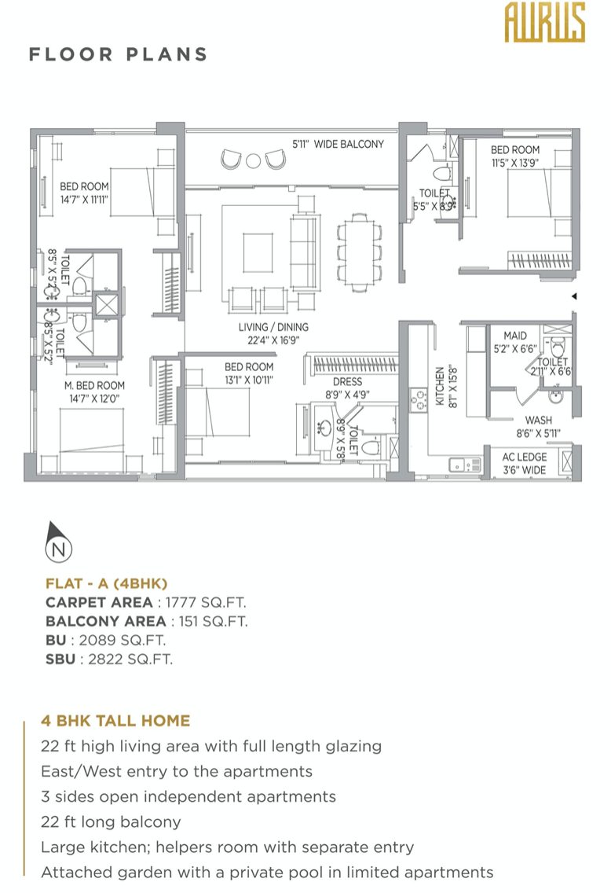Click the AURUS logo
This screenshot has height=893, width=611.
click(x=544, y=22)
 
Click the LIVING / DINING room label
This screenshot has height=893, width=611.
click(x=273, y=333)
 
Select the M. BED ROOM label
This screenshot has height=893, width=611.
click(x=94, y=391)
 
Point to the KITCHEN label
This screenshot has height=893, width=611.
click(x=445, y=385)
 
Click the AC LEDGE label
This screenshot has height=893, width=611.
click(x=524, y=464)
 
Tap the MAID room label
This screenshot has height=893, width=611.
click(x=515, y=342)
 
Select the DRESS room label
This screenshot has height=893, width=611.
click(x=347, y=388)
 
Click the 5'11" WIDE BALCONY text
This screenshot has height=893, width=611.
click(x=338, y=144)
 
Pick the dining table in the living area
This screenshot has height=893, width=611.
click(x=360, y=252)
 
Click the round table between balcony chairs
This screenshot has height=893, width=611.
click(x=253, y=160)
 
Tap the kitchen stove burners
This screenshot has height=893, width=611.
click(x=419, y=400)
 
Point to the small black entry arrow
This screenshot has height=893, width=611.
click(x=574, y=296)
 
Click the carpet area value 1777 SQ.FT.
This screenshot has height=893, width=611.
click(x=206, y=603)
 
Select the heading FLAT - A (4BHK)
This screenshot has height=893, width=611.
click(x=106, y=583)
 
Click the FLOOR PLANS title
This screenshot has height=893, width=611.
click(x=119, y=54)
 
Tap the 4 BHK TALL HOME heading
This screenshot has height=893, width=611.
click(x=115, y=720)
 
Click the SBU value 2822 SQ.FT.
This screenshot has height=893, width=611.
click(x=130, y=659)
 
